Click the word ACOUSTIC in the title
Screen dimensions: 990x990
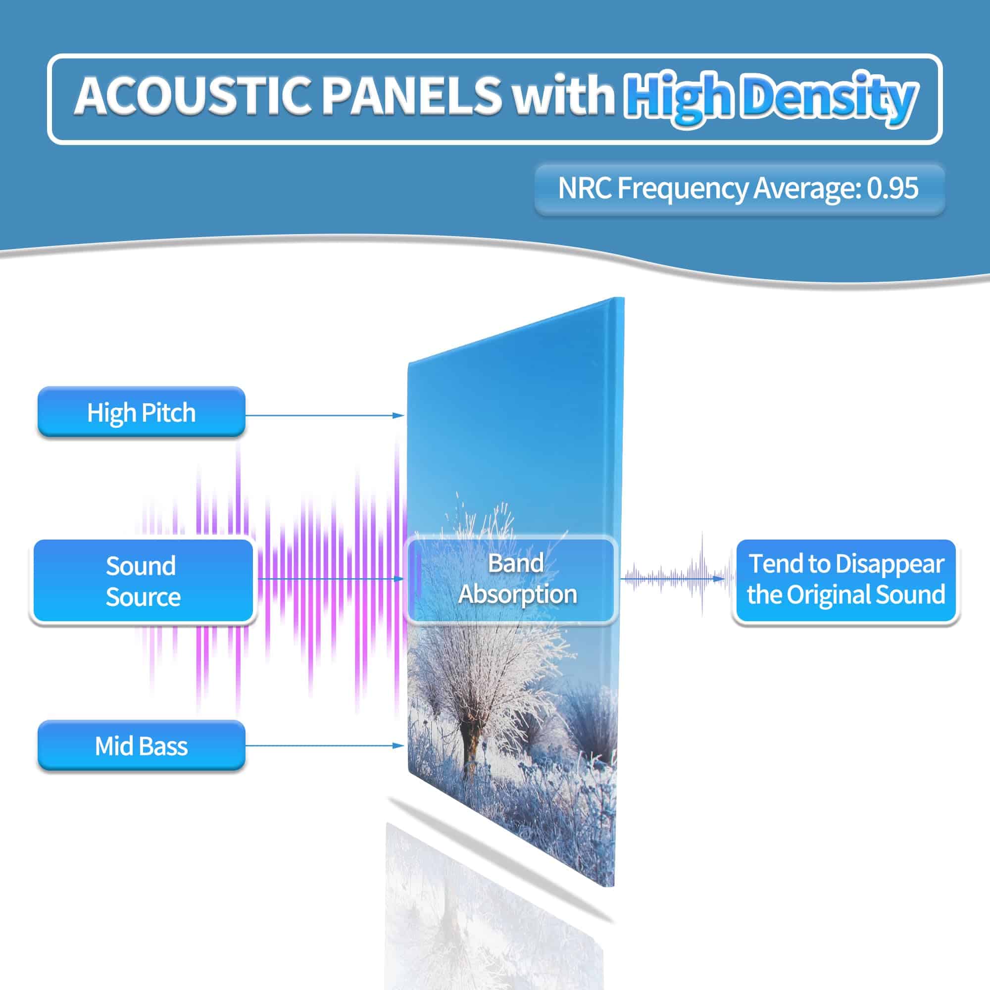193,96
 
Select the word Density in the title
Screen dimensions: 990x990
829,98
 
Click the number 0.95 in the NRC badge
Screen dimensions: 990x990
892,188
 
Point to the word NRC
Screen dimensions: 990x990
585,188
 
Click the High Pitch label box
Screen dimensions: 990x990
142,412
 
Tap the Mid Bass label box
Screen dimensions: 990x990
142,745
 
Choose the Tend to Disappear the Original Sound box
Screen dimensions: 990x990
846,581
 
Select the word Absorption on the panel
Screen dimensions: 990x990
518,595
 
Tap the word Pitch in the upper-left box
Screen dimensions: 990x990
168,412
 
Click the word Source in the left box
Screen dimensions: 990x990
143,597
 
